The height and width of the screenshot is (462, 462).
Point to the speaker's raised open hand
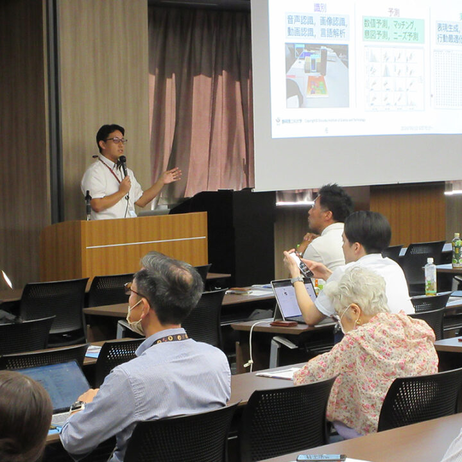click(171, 175)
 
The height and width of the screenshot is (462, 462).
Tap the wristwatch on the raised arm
click(296, 280)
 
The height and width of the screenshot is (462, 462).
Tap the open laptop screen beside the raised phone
click(292, 299)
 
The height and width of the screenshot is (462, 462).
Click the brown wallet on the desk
click(283, 324)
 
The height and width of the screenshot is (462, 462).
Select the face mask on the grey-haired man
click(135, 320)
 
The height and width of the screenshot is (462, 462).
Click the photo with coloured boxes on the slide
click(317, 75)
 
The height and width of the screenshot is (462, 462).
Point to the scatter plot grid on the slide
click(394, 78)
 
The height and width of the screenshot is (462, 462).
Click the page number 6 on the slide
click(326, 130)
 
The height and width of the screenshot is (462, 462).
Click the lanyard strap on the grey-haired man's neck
click(171, 338)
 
